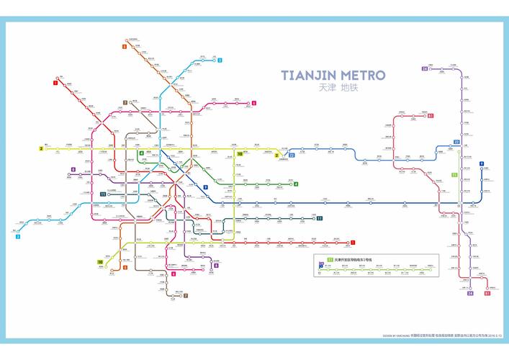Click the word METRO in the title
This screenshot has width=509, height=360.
(x=362, y=76)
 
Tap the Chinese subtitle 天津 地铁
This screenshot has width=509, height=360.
(x=337, y=88)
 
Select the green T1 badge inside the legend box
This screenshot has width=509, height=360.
(x=330, y=258)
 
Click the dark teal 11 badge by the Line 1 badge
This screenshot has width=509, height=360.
(x=319, y=218)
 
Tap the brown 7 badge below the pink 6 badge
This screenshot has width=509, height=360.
(x=185, y=296)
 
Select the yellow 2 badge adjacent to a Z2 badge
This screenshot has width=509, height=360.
(x=276, y=155)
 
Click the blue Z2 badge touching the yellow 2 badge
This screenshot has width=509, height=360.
(x=292, y=155)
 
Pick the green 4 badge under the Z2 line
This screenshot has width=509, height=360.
(x=295, y=184)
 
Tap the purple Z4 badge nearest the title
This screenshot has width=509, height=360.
(x=425, y=69)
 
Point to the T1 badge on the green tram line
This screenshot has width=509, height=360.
(x=454, y=175)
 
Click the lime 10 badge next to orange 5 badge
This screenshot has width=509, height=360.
(x=100, y=261)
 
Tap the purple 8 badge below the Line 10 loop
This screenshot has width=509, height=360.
(x=215, y=265)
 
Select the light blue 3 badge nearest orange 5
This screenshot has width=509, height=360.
(x=220, y=60)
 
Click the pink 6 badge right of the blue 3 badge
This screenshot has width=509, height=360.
(x=253, y=104)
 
